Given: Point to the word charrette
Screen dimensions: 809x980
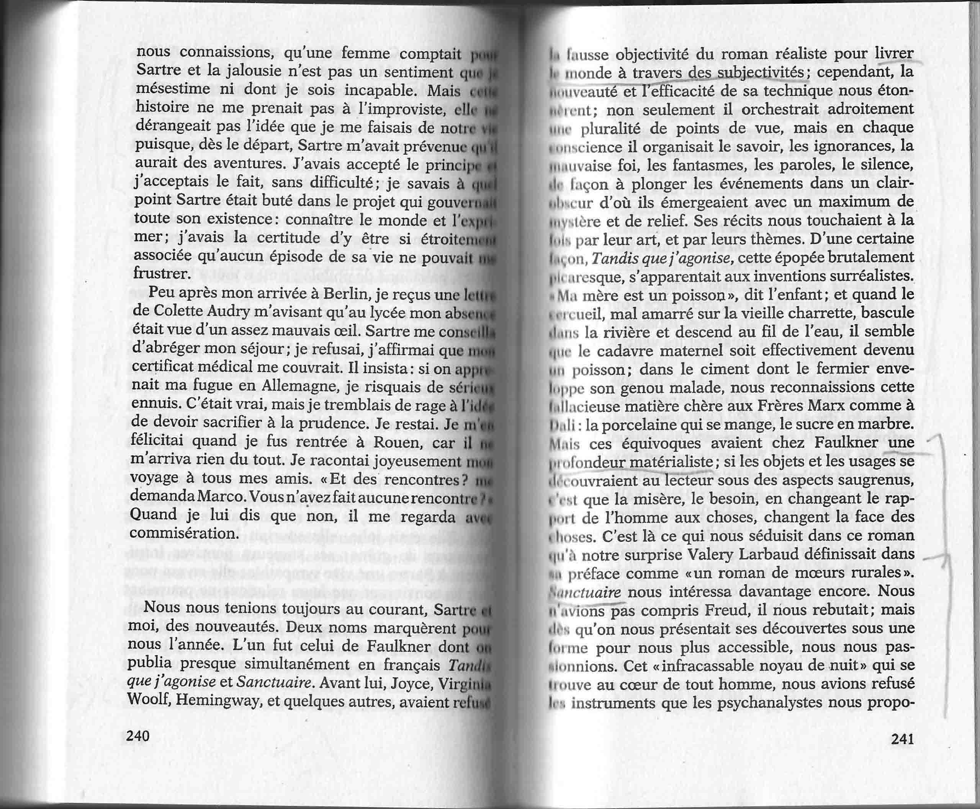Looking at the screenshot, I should pyautogui.click(x=809, y=313).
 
